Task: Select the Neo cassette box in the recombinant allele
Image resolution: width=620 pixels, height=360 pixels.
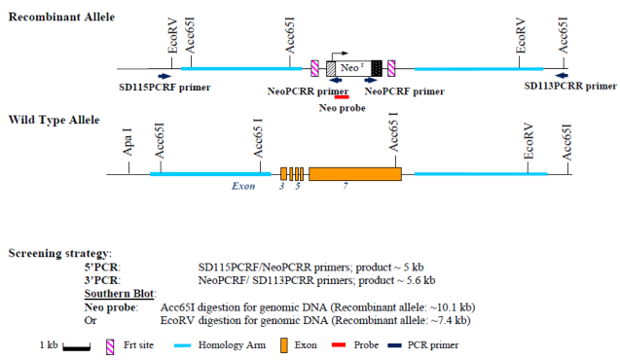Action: (352, 68)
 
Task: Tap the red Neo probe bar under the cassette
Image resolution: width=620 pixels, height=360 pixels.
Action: (340, 96)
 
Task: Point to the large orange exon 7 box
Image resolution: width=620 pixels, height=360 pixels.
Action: (354, 173)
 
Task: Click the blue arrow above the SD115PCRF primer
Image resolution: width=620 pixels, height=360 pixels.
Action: (164, 76)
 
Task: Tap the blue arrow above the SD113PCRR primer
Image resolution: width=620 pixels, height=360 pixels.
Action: (562, 75)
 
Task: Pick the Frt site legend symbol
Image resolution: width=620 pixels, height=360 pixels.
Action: (124, 344)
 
